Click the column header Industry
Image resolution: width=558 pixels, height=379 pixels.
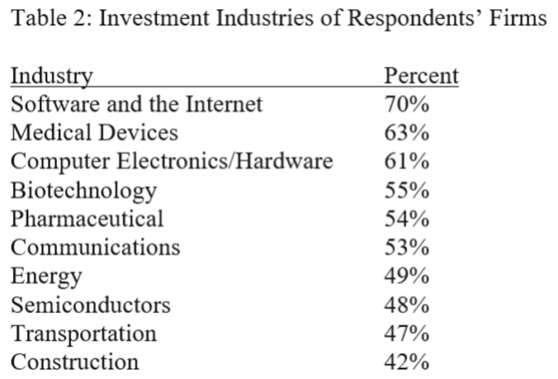point(52,76)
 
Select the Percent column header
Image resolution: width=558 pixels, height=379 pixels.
point(421,76)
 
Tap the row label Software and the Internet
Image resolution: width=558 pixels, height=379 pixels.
point(137,104)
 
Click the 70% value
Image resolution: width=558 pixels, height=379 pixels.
point(406,104)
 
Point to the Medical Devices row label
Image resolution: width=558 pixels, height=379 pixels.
point(94,133)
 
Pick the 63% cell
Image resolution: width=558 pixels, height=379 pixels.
point(406,133)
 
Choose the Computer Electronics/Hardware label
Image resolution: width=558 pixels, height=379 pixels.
point(172,162)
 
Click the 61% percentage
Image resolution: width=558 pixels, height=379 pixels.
point(406,161)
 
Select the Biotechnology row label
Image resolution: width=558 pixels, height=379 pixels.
point(84,191)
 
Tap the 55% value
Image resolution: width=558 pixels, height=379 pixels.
point(406,190)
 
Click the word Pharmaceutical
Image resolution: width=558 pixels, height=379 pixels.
point(87,219)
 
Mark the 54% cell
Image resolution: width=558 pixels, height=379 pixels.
point(406,219)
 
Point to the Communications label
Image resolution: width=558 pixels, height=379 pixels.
point(95,248)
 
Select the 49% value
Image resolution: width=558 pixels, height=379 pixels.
point(406,276)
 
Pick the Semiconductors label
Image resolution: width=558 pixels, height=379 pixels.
point(91,305)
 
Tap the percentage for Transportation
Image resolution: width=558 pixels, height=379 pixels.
point(406,333)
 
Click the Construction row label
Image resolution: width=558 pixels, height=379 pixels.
point(75,362)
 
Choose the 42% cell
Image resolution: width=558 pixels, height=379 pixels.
point(406,362)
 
